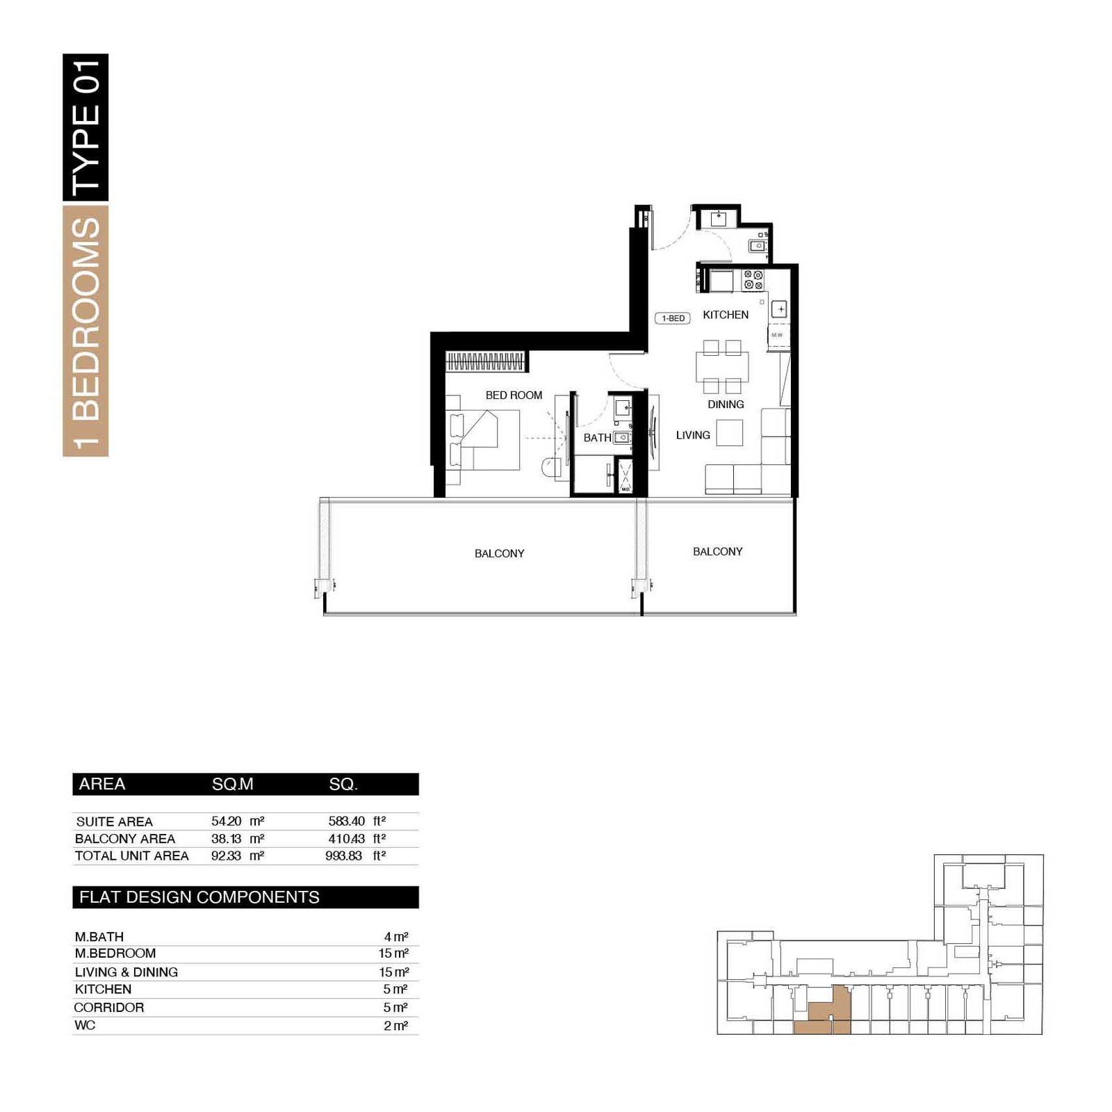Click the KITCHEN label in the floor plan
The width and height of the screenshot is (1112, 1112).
726,315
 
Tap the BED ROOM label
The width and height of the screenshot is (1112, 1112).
514,395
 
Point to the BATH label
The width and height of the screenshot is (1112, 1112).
597,438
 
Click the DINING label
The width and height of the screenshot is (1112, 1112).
726,404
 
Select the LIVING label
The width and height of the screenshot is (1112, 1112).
693,435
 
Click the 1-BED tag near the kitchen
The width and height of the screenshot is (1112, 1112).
673,318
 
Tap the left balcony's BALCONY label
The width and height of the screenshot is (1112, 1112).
499,553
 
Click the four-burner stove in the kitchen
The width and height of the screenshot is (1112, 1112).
753,279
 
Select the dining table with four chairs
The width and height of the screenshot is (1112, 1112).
722,367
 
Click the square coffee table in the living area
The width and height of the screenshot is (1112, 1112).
730,433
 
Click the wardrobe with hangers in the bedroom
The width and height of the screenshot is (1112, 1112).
485,361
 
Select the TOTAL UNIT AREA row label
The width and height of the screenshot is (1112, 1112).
132,856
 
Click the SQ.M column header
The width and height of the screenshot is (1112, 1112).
232,784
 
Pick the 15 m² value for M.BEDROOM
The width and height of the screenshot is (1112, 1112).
393,954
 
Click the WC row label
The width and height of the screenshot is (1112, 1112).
85,1025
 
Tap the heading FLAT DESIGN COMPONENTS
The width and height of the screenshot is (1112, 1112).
199,897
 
